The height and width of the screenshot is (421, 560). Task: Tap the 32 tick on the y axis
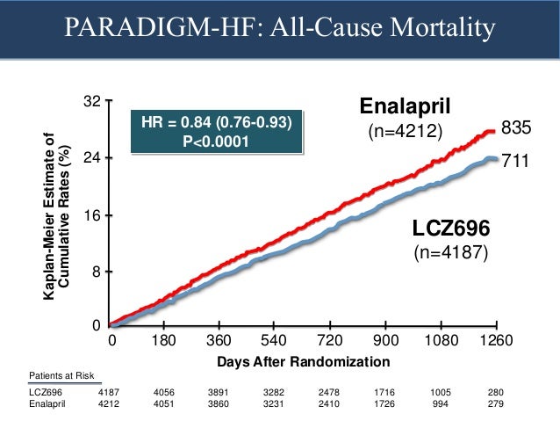tap(90, 102)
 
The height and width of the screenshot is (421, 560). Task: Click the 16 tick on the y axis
tap(90, 215)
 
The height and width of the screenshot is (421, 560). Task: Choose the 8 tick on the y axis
tap(94, 272)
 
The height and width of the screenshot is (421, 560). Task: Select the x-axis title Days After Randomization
tap(303, 361)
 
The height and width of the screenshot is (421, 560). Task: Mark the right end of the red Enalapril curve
tap(495, 131)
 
